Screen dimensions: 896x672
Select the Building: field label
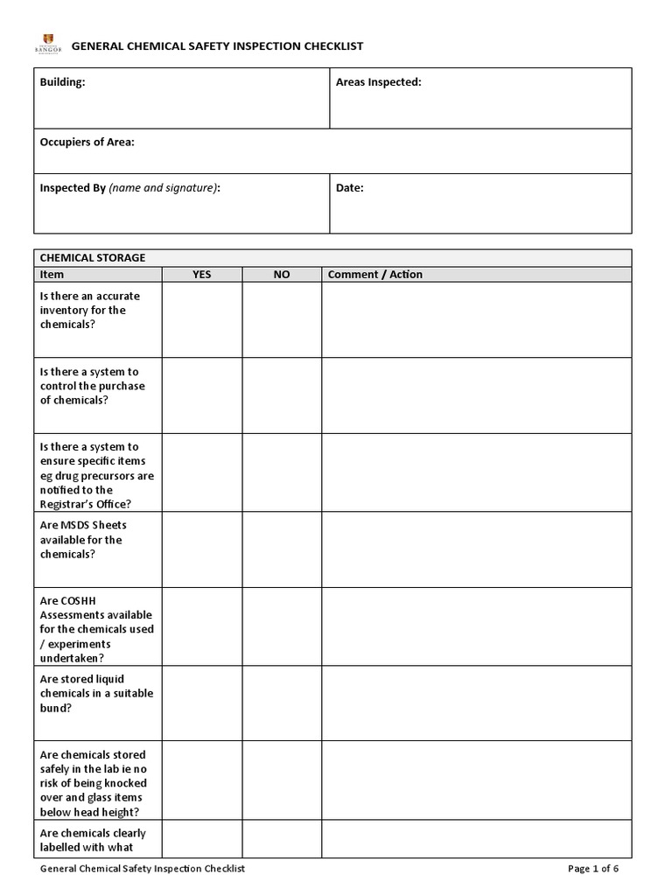(63, 82)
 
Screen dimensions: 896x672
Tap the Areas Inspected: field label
(378, 82)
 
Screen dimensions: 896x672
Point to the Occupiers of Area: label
(87, 142)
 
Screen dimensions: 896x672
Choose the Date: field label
(349, 188)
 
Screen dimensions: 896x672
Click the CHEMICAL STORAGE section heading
(93, 258)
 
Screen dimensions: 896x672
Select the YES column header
(201, 275)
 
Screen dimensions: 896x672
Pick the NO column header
(281, 275)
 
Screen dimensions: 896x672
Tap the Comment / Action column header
(374, 275)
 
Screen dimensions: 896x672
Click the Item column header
(52, 275)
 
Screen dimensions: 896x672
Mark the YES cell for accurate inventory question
(201, 319)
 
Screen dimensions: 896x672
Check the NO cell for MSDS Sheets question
(281, 549)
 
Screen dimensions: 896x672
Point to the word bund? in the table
(56, 708)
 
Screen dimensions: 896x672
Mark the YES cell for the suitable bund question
(201, 703)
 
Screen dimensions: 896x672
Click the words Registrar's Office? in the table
(86, 504)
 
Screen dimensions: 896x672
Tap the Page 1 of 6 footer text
(593, 869)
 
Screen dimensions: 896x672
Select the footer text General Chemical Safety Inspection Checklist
(143, 869)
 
